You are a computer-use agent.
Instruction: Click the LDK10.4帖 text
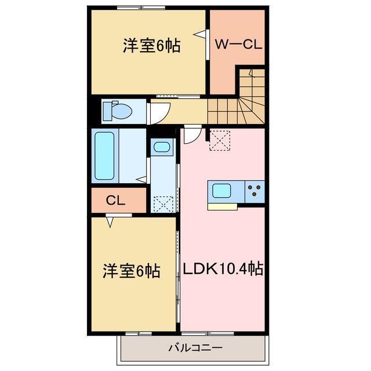223,269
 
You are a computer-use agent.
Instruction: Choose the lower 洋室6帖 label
132,270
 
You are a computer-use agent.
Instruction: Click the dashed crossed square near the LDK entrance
220,140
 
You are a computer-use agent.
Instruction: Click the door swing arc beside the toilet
159,111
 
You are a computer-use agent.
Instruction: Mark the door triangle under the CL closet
110,220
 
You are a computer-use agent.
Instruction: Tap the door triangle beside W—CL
201,35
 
